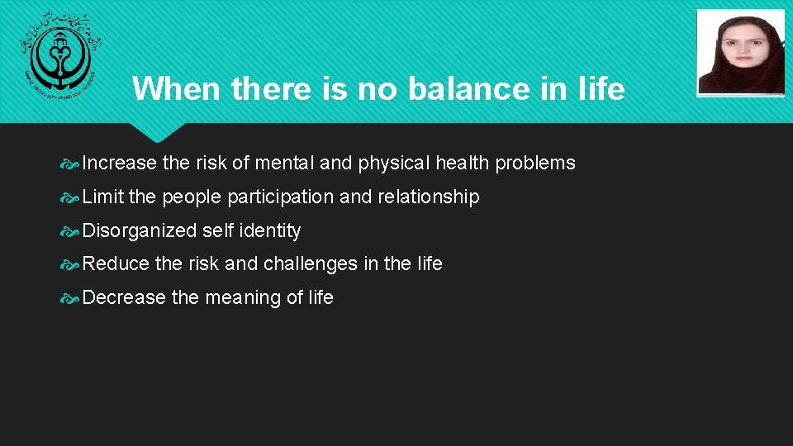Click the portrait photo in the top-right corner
coord(740,52)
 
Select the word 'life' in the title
coord(601,88)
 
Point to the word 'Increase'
coord(120,164)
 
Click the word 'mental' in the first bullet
coord(284,164)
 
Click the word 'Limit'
coord(103,197)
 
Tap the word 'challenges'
coord(308,264)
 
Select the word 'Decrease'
coord(125,298)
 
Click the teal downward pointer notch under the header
coord(156,131)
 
